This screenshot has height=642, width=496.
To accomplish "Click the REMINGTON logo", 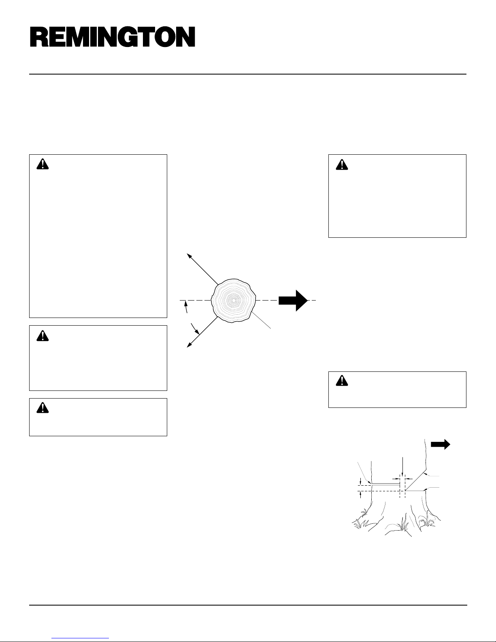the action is [x=113, y=36].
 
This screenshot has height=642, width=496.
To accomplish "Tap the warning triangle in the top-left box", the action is [x=43, y=164].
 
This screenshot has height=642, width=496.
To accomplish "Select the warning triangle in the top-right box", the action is [x=342, y=164].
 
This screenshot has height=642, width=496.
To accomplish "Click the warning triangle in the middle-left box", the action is [x=43, y=336].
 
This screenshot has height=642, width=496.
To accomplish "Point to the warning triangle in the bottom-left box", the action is [x=43, y=408].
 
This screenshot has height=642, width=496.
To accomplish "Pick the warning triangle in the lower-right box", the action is [x=342, y=381].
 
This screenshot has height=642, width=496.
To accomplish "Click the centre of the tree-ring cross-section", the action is [x=234, y=301].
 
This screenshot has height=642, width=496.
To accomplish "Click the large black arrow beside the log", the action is [x=293, y=301].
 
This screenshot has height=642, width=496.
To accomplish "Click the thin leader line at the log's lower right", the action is [x=261, y=320].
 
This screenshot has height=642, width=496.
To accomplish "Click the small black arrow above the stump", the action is [x=441, y=444].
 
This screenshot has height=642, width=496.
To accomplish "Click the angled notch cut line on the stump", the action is [x=415, y=480].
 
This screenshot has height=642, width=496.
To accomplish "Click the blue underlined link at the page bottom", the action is [x=80, y=638].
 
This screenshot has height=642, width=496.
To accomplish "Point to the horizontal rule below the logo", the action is [x=248, y=74].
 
